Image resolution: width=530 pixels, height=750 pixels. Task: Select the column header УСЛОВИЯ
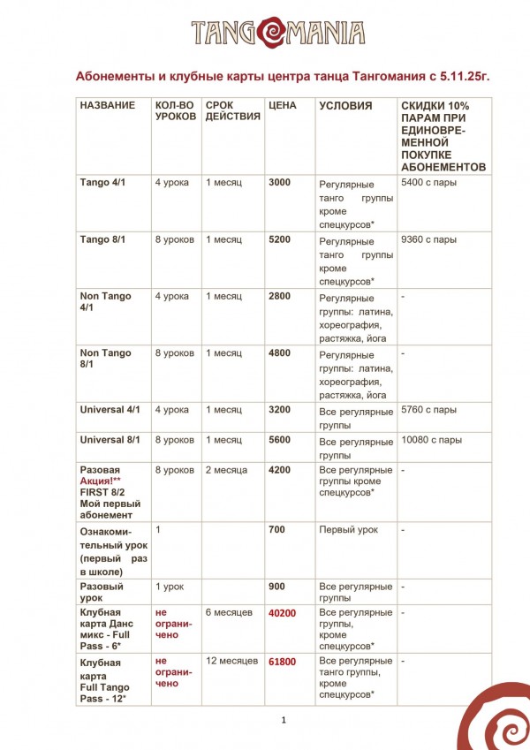[345, 106]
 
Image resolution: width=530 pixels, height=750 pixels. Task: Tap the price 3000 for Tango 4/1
[279, 182]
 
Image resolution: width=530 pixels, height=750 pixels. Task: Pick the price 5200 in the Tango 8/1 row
[279, 239]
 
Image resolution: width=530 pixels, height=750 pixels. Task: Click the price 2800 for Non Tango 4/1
[279, 296]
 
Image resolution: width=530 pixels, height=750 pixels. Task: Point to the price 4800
[279, 353]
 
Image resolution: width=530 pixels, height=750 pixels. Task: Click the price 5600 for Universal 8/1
[279, 440]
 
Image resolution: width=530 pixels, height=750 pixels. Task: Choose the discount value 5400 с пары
[428, 182]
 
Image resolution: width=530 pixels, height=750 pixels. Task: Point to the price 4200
[279, 470]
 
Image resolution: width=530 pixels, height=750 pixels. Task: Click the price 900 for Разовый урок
[276, 587]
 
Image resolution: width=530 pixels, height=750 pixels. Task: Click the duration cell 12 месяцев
[231, 661]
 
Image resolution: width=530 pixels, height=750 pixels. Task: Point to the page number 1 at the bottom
[284, 720]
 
